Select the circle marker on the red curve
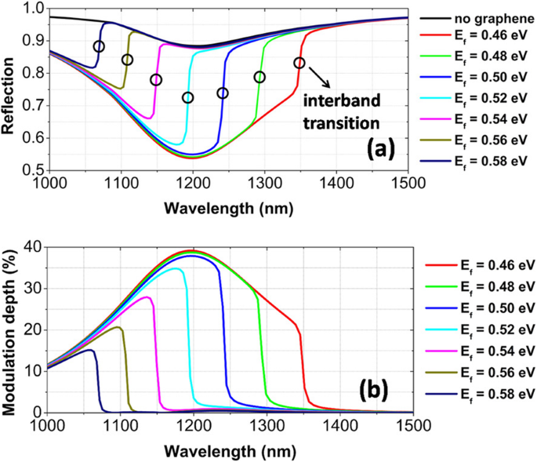tap(299, 63)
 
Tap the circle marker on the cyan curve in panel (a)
tap(187, 98)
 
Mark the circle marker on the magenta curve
tap(156, 80)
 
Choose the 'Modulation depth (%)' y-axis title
tap(12, 329)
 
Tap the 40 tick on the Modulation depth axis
tap(34, 246)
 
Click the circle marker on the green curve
tap(259, 77)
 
